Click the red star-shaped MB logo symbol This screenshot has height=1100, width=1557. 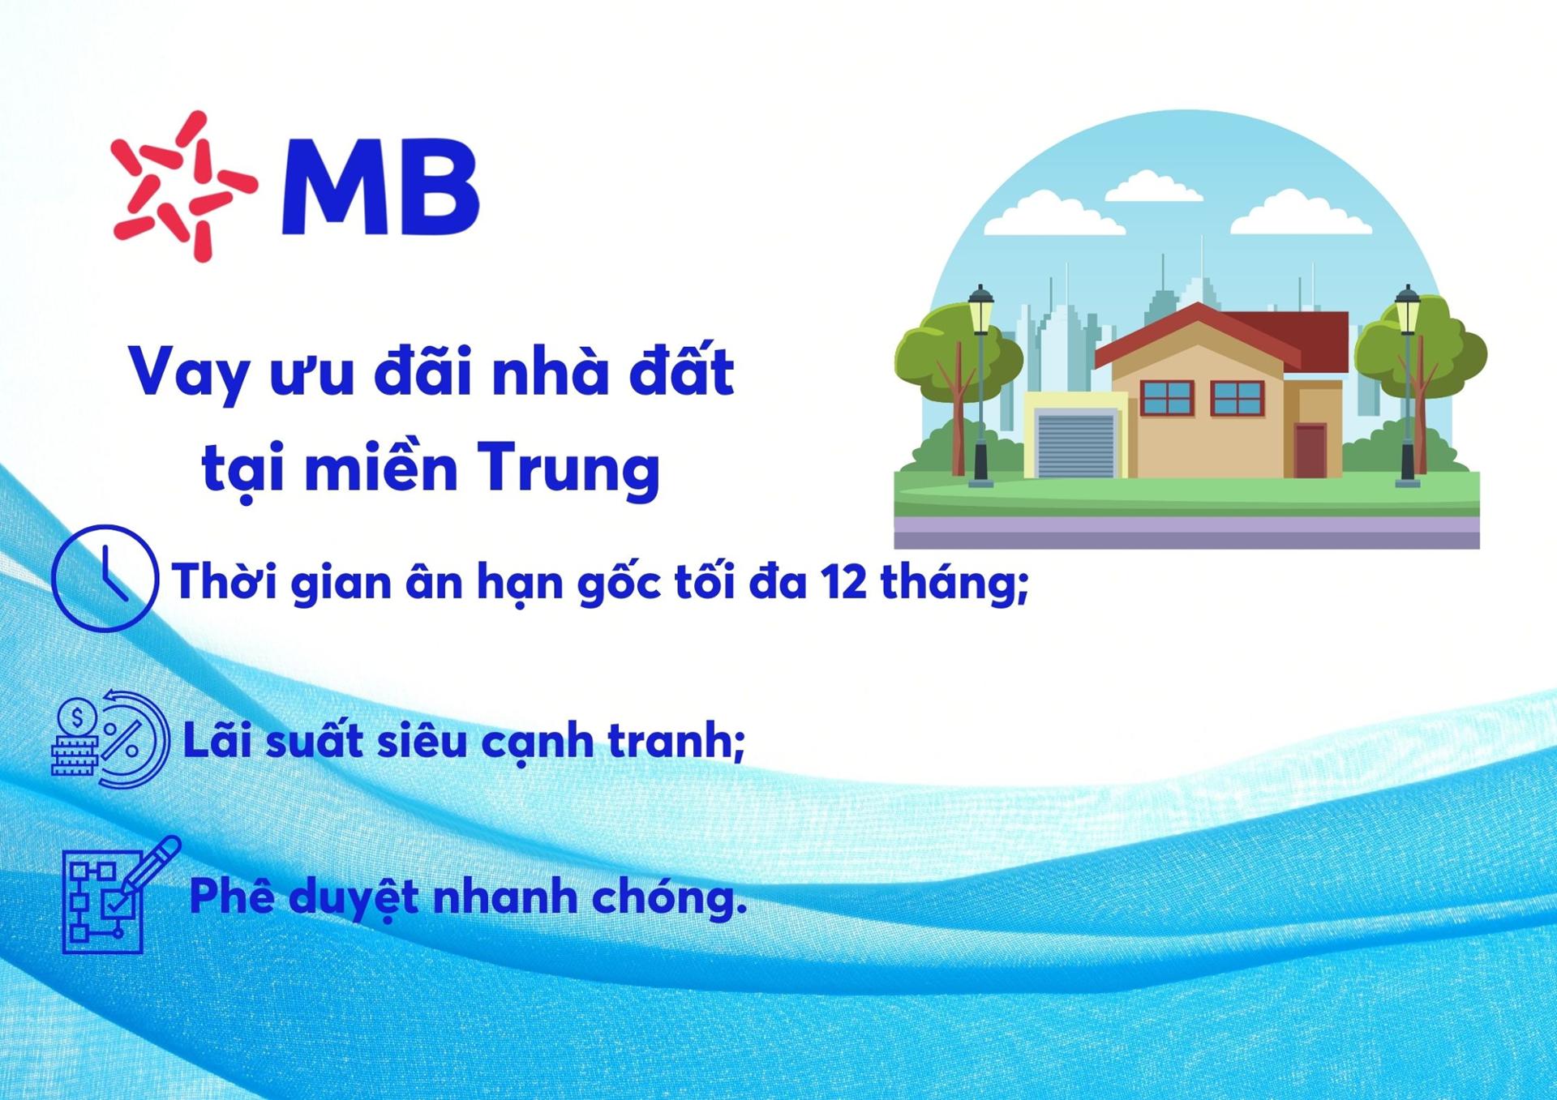pos(184,186)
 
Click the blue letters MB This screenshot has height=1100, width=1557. pos(380,187)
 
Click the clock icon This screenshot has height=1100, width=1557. pos(105,578)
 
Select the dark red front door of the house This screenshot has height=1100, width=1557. pos(1310,451)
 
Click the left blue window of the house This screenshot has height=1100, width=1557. pos(1167,398)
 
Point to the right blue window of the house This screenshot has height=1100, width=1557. pos(1237,398)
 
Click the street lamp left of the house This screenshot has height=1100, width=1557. pos(981,385)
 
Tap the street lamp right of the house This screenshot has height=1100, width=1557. pos(1408,385)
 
